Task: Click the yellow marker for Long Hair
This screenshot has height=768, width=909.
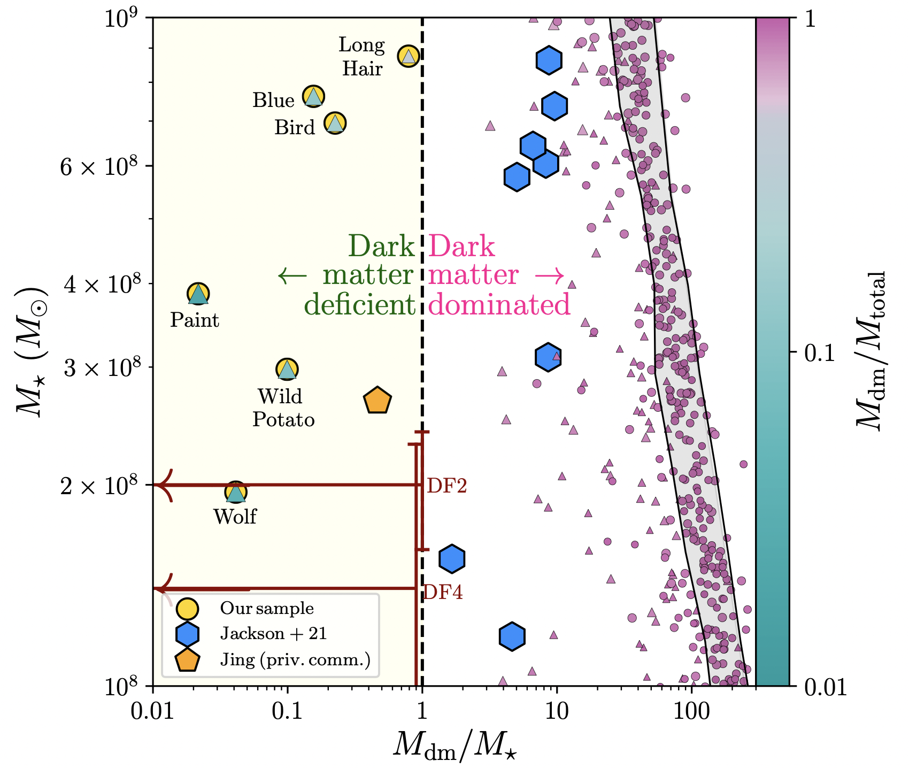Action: click(x=409, y=56)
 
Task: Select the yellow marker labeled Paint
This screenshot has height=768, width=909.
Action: click(x=198, y=294)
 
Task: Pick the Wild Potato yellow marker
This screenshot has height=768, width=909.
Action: click(x=287, y=369)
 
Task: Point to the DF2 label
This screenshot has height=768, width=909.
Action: click(x=447, y=486)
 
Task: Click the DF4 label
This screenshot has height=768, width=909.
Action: click(x=443, y=593)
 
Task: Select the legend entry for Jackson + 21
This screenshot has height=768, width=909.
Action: click(x=273, y=634)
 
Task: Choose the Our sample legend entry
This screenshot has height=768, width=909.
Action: click(x=267, y=609)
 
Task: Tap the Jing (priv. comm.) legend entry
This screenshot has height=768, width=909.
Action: click(x=295, y=660)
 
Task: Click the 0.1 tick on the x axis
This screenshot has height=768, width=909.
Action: click(x=288, y=712)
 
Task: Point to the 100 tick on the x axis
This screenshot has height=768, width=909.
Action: click(x=691, y=712)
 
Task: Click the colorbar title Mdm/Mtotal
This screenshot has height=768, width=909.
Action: click(x=872, y=351)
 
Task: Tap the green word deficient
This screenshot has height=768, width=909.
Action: click(x=359, y=305)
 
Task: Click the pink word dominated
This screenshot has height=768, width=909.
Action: click(x=499, y=305)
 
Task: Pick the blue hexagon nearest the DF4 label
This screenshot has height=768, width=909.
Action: click(x=452, y=559)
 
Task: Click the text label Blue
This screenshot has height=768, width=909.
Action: click(x=274, y=101)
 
